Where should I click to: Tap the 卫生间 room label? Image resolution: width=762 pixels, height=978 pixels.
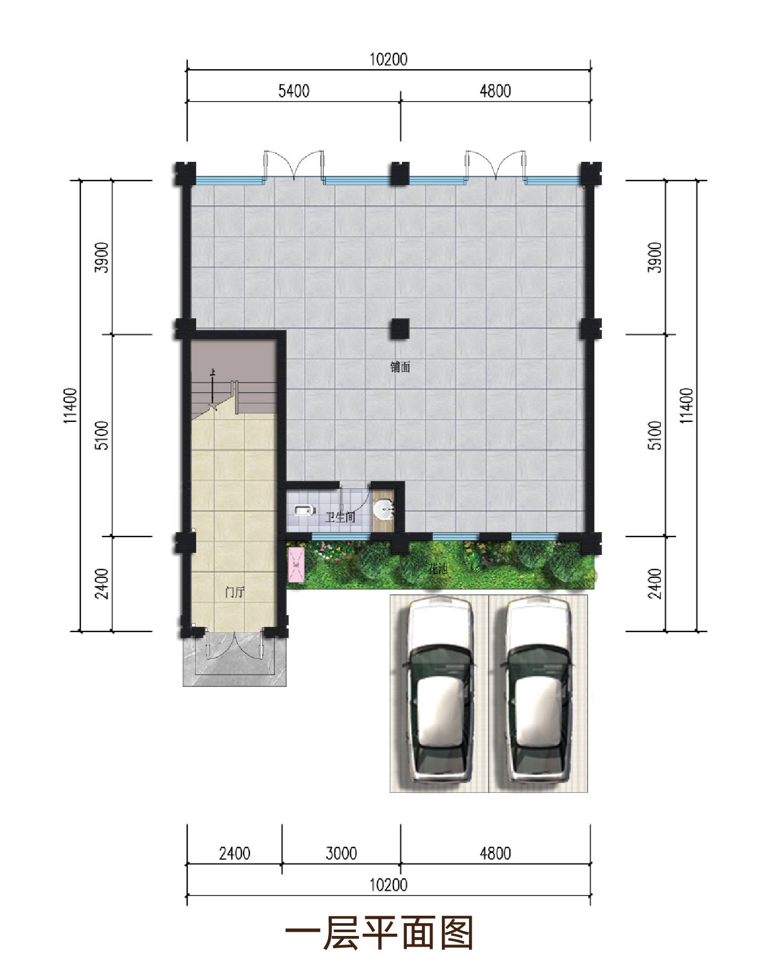(x=340, y=516)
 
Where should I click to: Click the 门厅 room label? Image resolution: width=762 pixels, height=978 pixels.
(x=235, y=592)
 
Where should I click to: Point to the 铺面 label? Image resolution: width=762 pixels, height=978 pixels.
(x=400, y=367)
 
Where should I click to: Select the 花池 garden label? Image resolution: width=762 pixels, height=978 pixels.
(x=438, y=569)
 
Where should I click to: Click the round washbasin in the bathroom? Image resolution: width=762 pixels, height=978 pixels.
(x=384, y=510)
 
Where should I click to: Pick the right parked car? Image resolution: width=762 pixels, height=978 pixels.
(x=538, y=692)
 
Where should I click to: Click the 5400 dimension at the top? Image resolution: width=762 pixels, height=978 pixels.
(x=294, y=92)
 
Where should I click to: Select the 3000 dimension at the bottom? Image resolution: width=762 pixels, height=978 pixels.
(x=341, y=853)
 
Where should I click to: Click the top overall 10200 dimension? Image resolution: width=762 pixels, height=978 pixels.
(x=389, y=59)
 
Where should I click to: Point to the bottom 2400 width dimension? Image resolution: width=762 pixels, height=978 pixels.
(x=235, y=853)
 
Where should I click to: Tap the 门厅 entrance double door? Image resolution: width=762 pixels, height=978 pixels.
(x=235, y=645)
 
